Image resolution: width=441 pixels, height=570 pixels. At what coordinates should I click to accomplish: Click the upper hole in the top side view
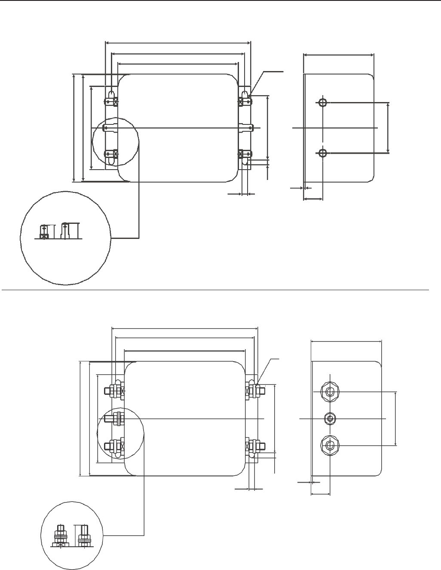tap(322, 102)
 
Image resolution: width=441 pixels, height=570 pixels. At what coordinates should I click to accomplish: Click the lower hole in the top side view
tap(322, 152)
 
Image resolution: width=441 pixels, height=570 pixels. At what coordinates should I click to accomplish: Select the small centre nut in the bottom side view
tap(330, 418)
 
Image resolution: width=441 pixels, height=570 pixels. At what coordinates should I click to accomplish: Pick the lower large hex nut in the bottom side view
tap(329, 445)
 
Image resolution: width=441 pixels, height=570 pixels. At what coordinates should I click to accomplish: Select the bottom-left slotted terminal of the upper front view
tap(112, 156)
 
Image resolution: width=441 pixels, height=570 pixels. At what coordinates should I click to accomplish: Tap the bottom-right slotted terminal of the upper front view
tap(245, 157)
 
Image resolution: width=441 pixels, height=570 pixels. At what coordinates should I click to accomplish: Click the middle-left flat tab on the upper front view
tap(110, 127)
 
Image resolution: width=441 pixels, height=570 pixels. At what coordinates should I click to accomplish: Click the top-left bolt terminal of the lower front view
tap(115, 390)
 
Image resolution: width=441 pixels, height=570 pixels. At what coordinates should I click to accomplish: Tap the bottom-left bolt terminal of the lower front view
tap(115, 446)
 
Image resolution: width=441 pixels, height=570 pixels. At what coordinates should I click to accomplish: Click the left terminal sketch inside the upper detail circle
tap(43, 232)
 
